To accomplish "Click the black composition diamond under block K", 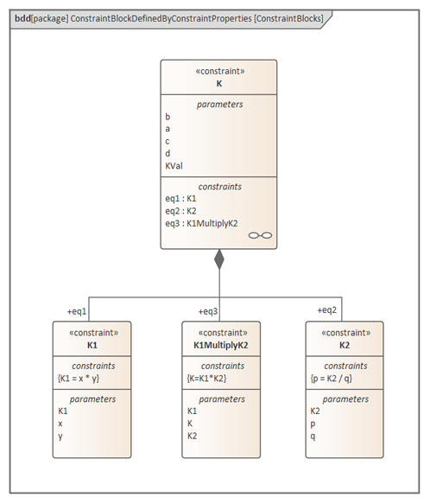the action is [x=219, y=259].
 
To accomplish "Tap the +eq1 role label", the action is [x=77, y=311].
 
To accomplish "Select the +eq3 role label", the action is [x=208, y=311].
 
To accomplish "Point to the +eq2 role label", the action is [x=327, y=310].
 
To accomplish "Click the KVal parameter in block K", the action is [x=174, y=166].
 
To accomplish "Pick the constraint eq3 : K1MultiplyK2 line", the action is [x=202, y=223].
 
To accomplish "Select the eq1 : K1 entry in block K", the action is [x=180, y=199].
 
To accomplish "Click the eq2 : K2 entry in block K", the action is [x=180, y=211].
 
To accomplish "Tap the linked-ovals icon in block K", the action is [x=260, y=236].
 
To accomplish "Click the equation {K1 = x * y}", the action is [x=79, y=379].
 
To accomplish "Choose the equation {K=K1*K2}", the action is [x=207, y=379].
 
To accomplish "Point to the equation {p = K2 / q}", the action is [x=332, y=379].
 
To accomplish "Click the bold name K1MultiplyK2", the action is [x=221, y=345].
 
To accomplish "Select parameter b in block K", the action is [x=168, y=117].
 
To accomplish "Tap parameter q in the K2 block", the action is [x=313, y=437].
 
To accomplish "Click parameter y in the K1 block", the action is [x=60, y=437].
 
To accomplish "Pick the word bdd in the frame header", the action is [x=22, y=18].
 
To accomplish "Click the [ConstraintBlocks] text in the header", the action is [x=288, y=19].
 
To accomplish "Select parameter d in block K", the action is [x=168, y=154].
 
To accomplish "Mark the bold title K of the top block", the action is [x=219, y=84].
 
